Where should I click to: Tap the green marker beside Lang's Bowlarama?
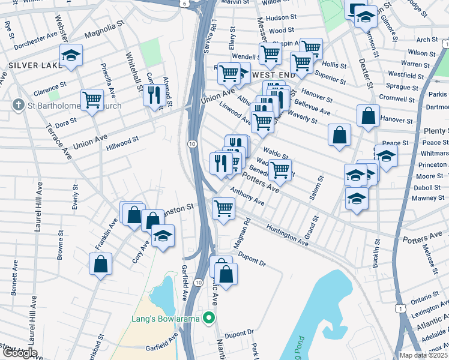tap(209, 317)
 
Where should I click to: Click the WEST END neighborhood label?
tap(273, 75)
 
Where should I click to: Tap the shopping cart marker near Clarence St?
tap(92, 99)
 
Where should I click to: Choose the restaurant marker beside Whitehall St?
tap(153, 94)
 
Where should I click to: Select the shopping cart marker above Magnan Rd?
tap(224, 208)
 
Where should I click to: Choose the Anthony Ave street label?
tap(247, 196)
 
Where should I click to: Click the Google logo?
tap(19, 352)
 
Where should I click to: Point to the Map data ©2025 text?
tap(424, 355)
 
